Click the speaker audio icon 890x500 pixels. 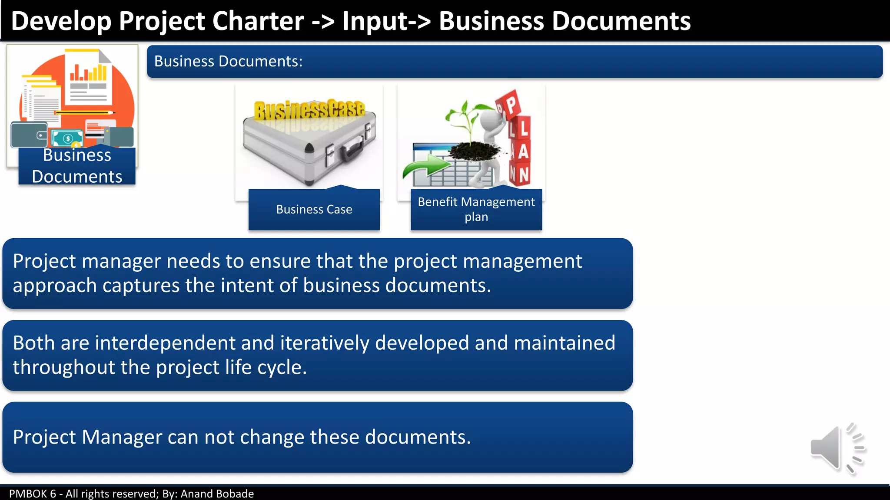(837, 448)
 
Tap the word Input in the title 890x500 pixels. (375, 21)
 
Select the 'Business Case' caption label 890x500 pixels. (314, 209)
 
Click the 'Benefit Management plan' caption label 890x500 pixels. (476, 209)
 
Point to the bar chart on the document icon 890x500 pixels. (89, 72)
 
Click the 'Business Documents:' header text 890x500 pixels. (228, 62)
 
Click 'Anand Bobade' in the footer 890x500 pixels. (217, 494)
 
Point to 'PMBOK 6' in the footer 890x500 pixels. (33, 494)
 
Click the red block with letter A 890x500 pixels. (523, 151)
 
